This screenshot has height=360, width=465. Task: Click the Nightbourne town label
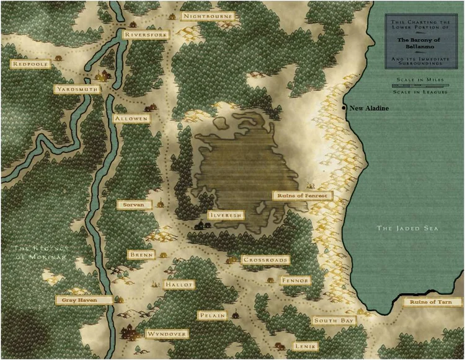(x=208, y=15)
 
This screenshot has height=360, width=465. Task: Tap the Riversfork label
(x=145, y=35)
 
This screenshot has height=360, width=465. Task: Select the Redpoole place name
(x=30, y=64)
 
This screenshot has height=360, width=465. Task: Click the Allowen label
(x=131, y=118)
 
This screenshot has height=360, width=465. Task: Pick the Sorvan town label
(x=135, y=204)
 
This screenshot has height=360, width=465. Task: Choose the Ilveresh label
(x=226, y=215)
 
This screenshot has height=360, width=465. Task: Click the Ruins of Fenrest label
(x=303, y=195)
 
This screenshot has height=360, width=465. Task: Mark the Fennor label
(x=294, y=281)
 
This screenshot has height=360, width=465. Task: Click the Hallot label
(x=179, y=284)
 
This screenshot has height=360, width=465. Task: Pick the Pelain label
(x=211, y=315)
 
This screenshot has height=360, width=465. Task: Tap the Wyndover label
(x=166, y=333)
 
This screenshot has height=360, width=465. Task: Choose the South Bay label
(x=334, y=320)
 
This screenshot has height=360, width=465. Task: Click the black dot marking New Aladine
(x=344, y=108)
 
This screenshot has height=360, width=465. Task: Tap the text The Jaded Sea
(x=407, y=229)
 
